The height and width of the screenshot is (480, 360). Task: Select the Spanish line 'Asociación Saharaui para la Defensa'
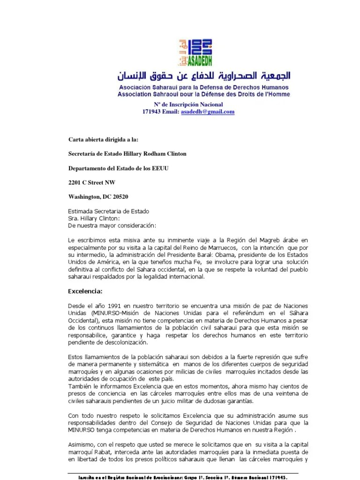pyautogui.click(x=203, y=88)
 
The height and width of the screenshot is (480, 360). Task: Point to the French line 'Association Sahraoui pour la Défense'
pyautogui.click(x=203, y=94)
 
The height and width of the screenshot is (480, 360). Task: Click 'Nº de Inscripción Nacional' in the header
pyautogui.click(x=188, y=104)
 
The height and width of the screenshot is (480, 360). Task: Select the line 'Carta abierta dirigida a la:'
pyautogui.click(x=104, y=139)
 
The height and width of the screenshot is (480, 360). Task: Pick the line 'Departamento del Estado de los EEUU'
pyautogui.click(x=121, y=167)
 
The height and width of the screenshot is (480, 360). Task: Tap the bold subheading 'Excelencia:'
pyautogui.click(x=85, y=291)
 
